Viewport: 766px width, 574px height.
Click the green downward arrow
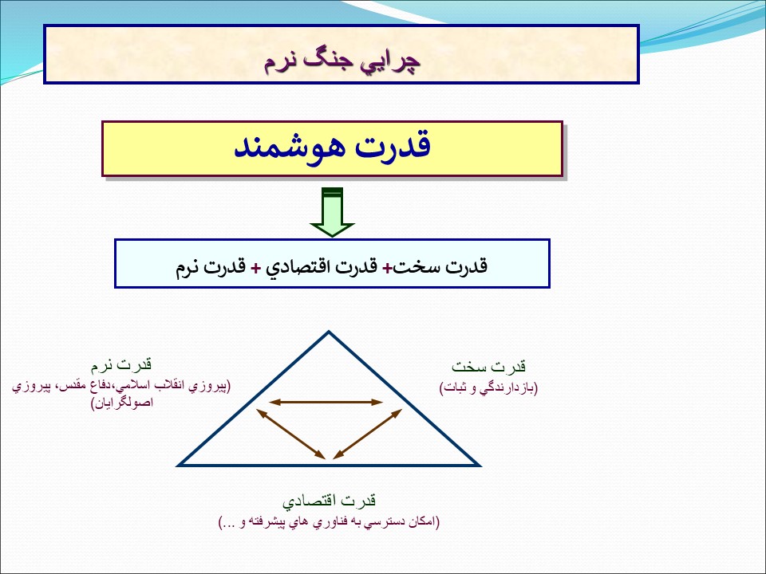332,212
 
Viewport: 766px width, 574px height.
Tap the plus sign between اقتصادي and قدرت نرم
255,268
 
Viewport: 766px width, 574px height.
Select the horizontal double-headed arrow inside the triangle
326,402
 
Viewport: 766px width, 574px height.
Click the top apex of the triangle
329,332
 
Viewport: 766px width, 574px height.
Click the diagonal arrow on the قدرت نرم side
290,434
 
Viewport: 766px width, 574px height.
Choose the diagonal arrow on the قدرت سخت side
367,434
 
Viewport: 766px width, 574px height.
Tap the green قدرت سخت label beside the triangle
488,366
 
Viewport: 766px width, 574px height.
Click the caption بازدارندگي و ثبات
488,388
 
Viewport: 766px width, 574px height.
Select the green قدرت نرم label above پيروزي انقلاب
121,364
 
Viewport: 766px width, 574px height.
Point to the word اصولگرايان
122,403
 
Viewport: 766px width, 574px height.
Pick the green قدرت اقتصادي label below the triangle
329,501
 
